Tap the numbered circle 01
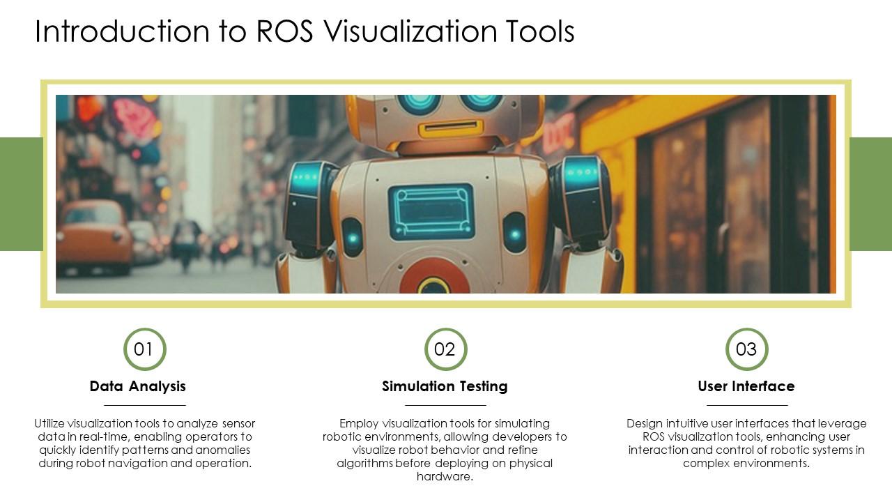[x=144, y=349]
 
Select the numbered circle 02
[x=445, y=349]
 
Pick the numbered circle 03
[x=746, y=349]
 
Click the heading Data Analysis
[x=138, y=386]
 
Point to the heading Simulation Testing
[x=445, y=386]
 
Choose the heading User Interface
[x=746, y=386]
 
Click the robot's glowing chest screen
[x=431, y=211]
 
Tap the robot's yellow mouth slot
[x=442, y=128]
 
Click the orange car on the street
[x=93, y=237]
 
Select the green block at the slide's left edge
[x=21, y=194]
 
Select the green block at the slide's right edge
[x=870, y=194]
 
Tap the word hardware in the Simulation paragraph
[x=445, y=477]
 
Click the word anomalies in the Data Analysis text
[x=219, y=450]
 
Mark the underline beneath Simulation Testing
[x=445, y=404]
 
